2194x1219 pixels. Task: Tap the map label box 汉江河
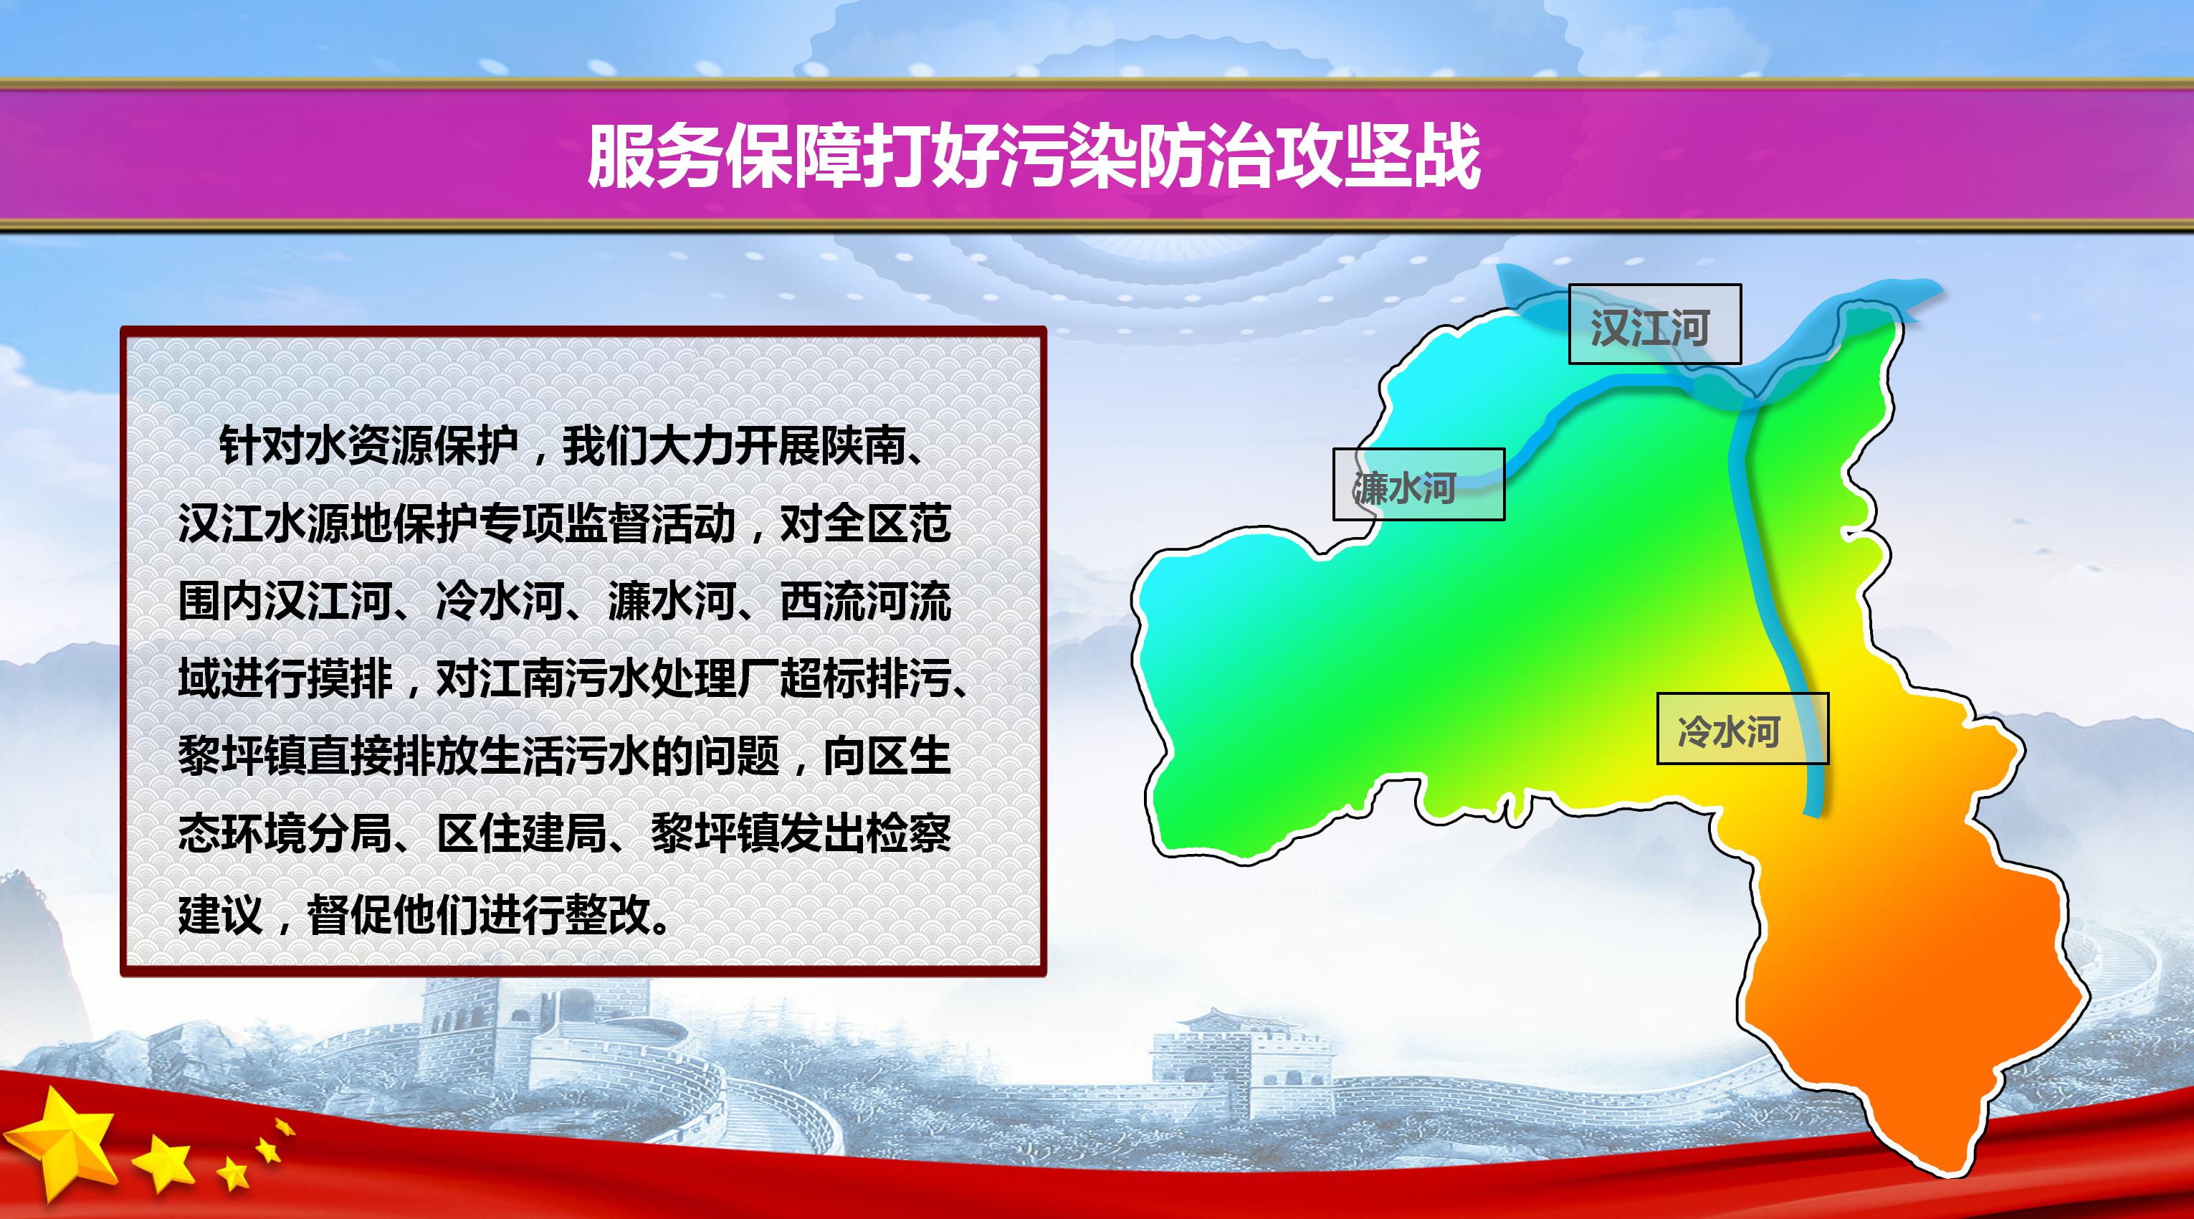click(x=1655, y=323)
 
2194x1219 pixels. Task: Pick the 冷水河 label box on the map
click(x=1742, y=729)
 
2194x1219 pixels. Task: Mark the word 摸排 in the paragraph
click(x=350, y=680)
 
